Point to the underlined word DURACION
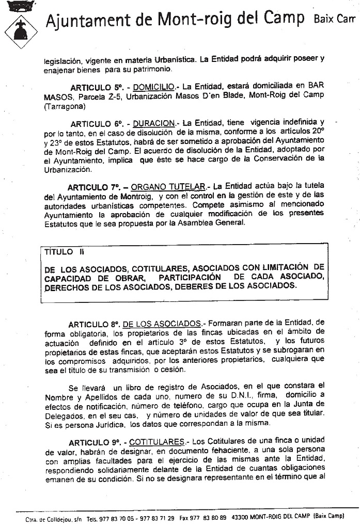[154, 123]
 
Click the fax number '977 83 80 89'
[212, 517]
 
